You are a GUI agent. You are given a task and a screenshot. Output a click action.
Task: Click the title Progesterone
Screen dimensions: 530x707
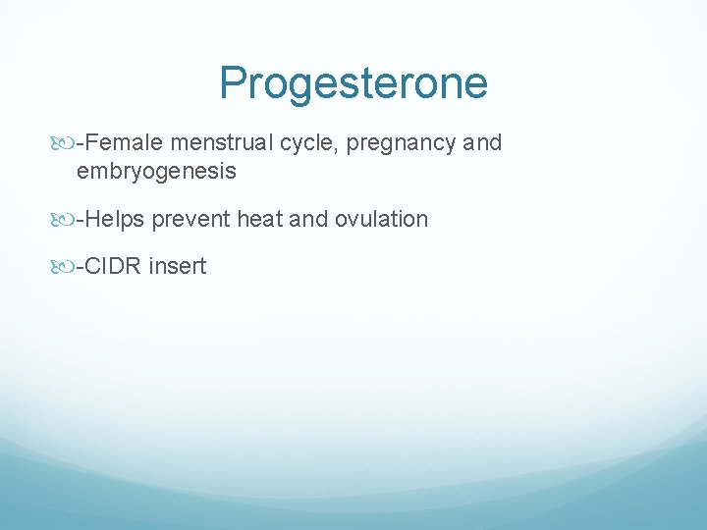point(353,83)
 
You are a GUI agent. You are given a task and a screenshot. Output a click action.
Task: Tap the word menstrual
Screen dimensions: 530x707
point(222,143)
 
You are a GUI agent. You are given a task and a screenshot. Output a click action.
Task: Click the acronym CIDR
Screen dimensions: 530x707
point(114,266)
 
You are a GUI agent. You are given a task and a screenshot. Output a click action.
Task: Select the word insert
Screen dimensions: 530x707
point(178,266)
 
